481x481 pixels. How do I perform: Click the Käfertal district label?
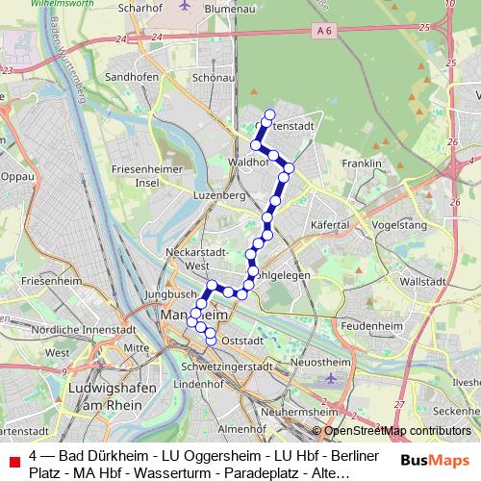[x=328, y=223]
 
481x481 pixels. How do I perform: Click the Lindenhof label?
[x=198, y=383]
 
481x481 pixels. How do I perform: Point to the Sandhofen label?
[x=130, y=75]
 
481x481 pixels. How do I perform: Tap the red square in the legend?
[x=12, y=462]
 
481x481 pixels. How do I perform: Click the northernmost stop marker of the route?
[x=269, y=114]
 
